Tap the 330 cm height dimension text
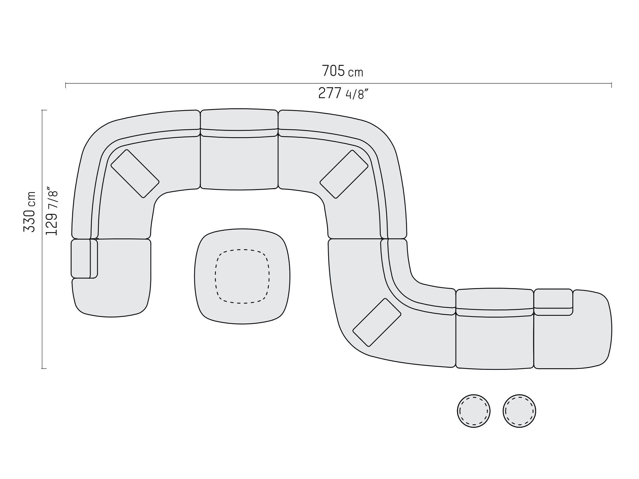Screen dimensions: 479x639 coord(29,211)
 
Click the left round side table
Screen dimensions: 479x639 coord(474,411)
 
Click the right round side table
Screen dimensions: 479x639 coord(519,411)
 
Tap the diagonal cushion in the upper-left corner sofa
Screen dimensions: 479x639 coord(135,174)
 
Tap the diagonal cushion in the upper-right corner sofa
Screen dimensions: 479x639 coord(344,174)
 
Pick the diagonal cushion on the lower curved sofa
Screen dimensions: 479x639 coord(377,322)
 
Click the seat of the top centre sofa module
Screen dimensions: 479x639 coord(239,164)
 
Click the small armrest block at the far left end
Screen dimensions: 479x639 coord(81,259)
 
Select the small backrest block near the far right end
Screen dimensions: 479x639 coord(553,298)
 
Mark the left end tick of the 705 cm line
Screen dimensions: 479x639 coord(65,85)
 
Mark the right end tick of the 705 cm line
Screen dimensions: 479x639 coord(611,85)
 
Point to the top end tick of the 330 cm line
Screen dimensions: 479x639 coord(44,110)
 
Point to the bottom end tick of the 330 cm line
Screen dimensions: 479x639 coord(44,368)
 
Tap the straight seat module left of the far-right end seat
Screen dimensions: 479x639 coord(495,341)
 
